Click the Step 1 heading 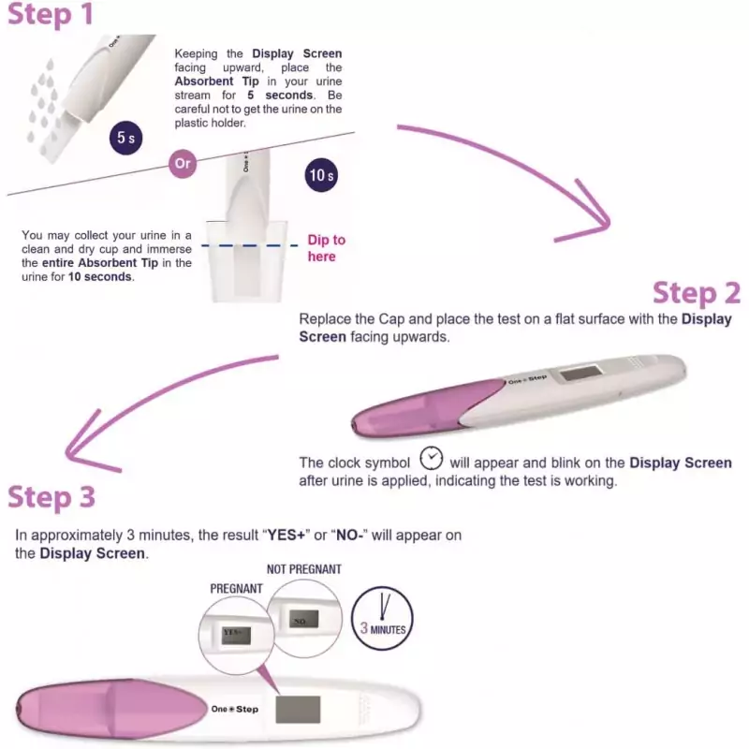pos(51,14)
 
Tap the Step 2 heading pos(697,292)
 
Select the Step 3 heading pos(51,497)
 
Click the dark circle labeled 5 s pos(126,138)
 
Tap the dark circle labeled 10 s pos(321,175)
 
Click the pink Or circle pos(183,163)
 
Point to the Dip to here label pos(326,248)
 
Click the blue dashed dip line pos(249,245)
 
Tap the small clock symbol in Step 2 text pos(431,458)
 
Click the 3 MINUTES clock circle pos(382,618)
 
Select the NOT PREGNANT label pos(303,569)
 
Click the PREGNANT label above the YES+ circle pos(237,589)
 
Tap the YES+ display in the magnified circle pos(236,635)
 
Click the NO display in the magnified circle pos(303,619)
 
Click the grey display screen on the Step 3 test pos(298,710)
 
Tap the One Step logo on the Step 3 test pos(235,709)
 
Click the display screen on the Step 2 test pos(580,372)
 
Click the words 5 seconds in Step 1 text pos(280,95)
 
